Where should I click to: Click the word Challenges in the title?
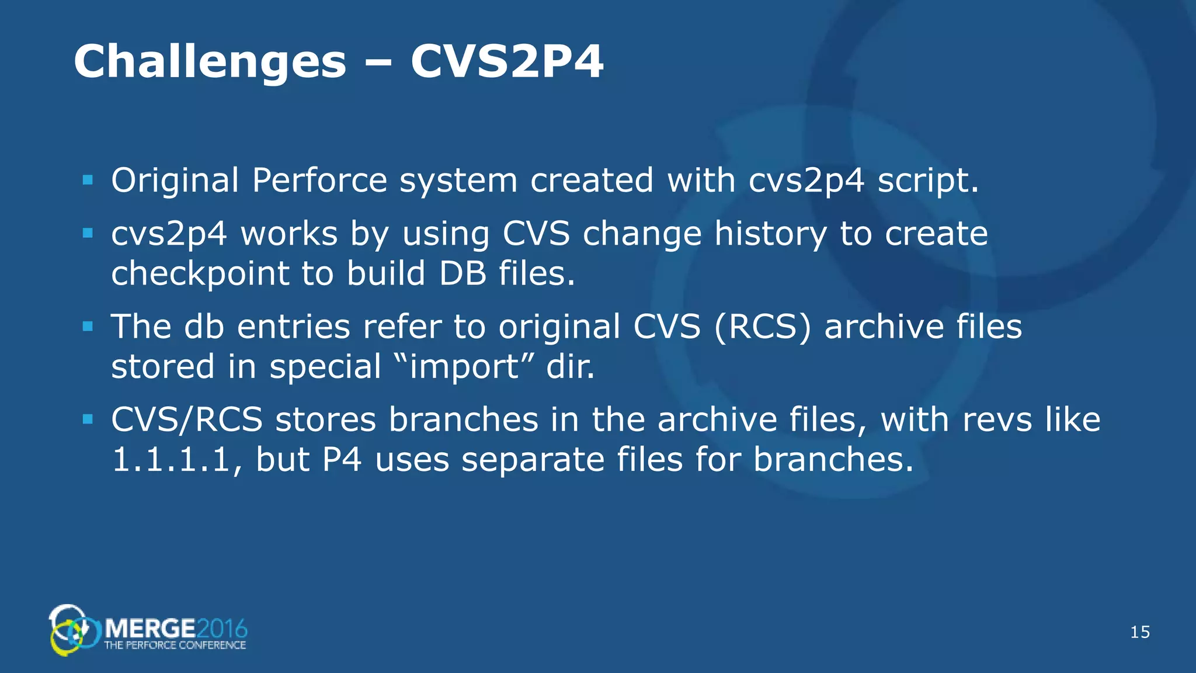210,62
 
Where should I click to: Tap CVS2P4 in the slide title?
506,62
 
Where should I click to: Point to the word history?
770,234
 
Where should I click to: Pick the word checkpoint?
200,273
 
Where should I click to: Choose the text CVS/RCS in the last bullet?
187,419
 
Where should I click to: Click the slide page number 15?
1140,632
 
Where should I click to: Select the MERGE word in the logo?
150,629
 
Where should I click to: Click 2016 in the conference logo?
222,629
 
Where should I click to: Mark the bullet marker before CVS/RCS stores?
88,419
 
